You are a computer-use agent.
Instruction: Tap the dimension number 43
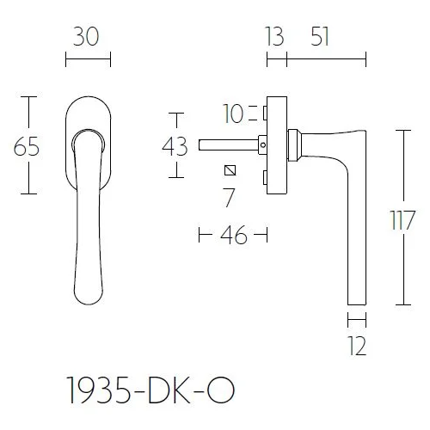click(x=175, y=145)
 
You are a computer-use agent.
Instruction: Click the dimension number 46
click(x=233, y=236)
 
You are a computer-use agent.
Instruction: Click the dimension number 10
click(x=232, y=113)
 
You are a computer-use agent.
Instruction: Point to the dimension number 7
click(x=229, y=197)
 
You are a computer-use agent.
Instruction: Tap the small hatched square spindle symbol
click(x=229, y=169)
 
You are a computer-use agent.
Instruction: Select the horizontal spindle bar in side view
click(x=228, y=144)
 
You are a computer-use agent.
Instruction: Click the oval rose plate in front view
click(x=88, y=103)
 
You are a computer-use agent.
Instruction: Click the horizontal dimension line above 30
click(x=88, y=60)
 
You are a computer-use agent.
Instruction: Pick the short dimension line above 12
click(x=357, y=321)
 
